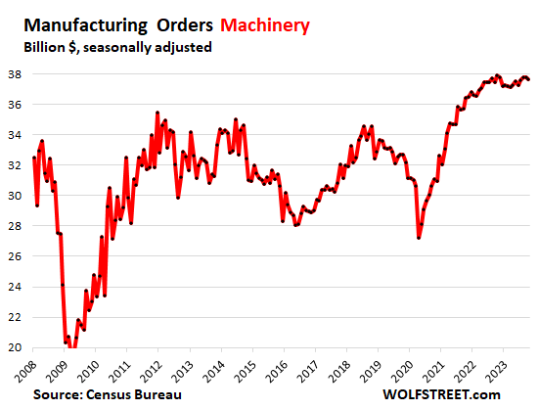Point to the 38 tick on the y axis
click(x=16, y=73)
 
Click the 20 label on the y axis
click(x=16, y=347)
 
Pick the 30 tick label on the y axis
click(x=16, y=196)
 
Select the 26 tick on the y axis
click(x=16, y=256)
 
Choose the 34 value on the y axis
click(x=16, y=134)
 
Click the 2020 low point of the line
click(x=419, y=238)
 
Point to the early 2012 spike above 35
click(x=157, y=114)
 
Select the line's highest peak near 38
click(x=497, y=75)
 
